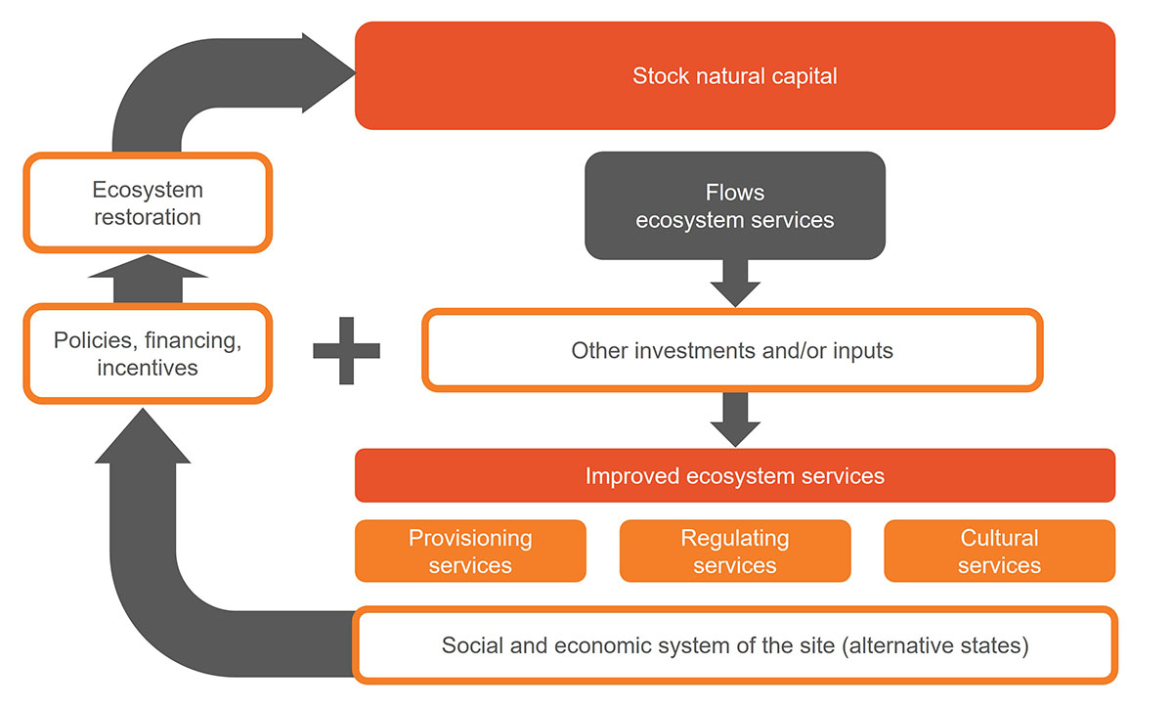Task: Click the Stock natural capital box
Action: [x=735, y=75]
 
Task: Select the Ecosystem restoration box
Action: [x=148, y=202]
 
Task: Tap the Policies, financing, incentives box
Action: [x=148, y=354]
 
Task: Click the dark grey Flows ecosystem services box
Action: [x=735, y=205]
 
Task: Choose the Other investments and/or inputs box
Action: [x=732, y=350]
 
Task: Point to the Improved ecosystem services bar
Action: [x=735, y=475]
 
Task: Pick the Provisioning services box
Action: [x=470, y=551]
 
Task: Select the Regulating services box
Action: [x=735, y=551]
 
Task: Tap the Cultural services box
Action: [x=999, y=551]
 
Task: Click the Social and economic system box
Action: [x=735, y=645]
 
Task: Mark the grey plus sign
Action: [x=346, y=350]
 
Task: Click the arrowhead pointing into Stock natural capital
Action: [x=327, y=72]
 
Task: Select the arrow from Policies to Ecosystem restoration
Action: [x=148, y=279]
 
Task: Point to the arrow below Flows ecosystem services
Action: [x=735, y=284]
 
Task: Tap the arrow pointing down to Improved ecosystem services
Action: [x=735, y=420]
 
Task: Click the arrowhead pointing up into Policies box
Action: [x=143, y=436]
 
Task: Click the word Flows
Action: [x=735, y=193]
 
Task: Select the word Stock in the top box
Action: [x=661, y=76]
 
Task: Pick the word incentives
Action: [x=148, y=368]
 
